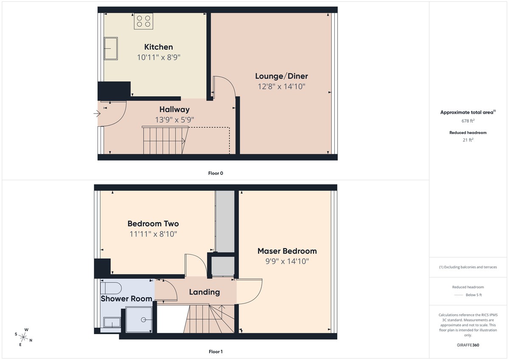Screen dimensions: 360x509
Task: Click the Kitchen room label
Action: (158, 47)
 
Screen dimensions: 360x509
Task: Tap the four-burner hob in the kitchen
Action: (143, 21)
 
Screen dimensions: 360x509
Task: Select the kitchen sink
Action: (111, 48)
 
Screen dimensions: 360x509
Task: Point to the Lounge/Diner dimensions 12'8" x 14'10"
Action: (281, 87)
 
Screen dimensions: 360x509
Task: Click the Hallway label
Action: (174, 110)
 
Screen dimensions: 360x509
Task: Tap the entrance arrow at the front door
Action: (97, 114)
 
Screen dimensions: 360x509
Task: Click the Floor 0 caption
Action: (215, 173)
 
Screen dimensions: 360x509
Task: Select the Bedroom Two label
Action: (153, 223)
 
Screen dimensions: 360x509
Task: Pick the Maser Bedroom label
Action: (287, 251)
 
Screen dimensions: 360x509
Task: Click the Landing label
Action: (204, 292)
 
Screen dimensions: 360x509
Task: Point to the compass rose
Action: (24, 337)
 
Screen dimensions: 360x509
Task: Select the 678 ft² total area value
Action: (468, 120)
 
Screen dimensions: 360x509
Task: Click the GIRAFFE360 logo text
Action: (468, 345)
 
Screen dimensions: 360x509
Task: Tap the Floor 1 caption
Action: (215, 352)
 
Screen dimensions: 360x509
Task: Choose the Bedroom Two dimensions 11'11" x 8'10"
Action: (153, 234)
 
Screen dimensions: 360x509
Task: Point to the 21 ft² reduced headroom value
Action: (468, 140)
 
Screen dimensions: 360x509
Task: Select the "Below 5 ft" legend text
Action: (473, 295)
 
